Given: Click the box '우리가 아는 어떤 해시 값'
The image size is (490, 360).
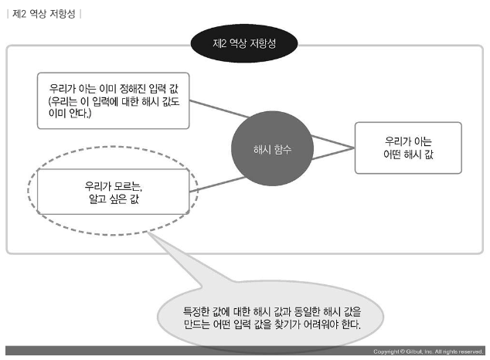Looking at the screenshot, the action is [407, 148].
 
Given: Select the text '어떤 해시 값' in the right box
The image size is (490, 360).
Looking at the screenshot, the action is [408, 155].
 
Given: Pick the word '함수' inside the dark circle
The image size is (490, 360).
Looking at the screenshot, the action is [283, 148].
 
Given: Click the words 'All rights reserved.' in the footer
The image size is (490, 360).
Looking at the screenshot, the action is [456, 352].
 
